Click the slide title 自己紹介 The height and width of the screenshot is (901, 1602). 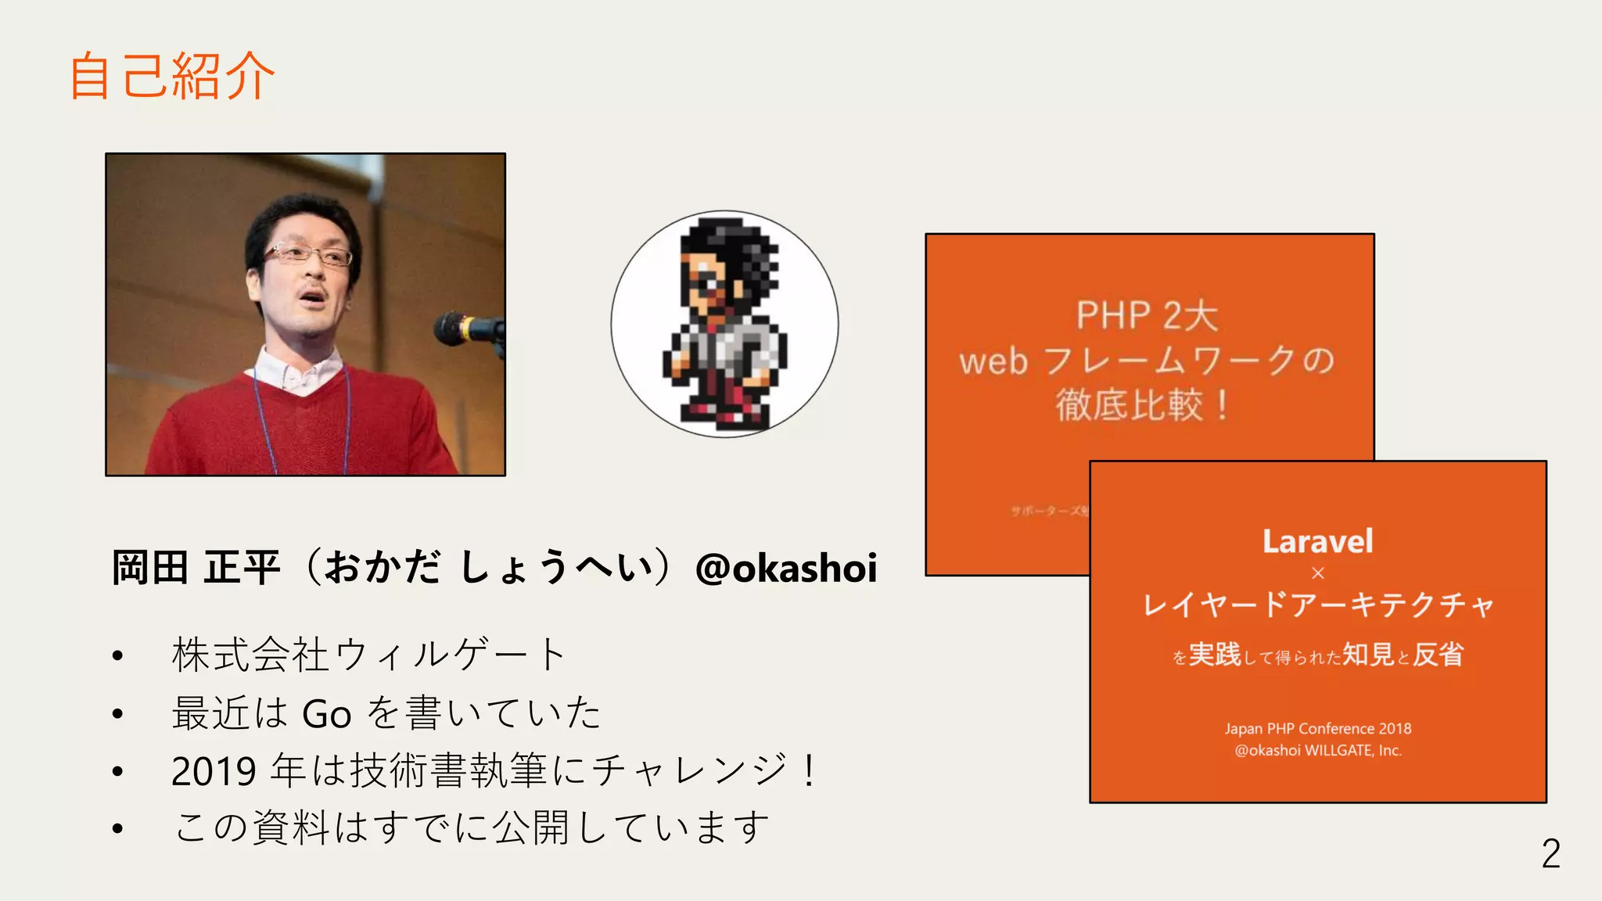coord(172,77)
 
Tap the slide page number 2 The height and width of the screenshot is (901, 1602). coord(1550,853)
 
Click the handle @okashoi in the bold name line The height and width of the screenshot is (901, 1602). coord(786,568)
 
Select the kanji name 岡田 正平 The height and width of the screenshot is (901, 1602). coord(196,568)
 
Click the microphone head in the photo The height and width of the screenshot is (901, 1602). coord(454,327)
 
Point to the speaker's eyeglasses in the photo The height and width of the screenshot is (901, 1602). coord(307,255)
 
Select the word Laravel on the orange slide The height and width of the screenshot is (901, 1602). coord(1317,541)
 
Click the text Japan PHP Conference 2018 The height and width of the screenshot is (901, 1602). coord(1317,728)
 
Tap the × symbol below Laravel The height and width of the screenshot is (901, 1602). coord(1317,573)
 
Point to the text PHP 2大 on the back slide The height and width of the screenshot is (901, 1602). coord(1147,315)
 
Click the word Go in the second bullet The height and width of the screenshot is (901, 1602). coord(326,714)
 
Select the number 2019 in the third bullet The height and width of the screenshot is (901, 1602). coord(214,771)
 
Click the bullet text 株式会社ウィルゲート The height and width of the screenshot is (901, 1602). coord(368,655)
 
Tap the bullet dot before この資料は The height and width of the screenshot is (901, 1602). coord(117,828)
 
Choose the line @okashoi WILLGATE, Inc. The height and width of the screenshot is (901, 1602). coord(1317,750)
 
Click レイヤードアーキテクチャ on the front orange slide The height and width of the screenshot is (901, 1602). coord(1317,605)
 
